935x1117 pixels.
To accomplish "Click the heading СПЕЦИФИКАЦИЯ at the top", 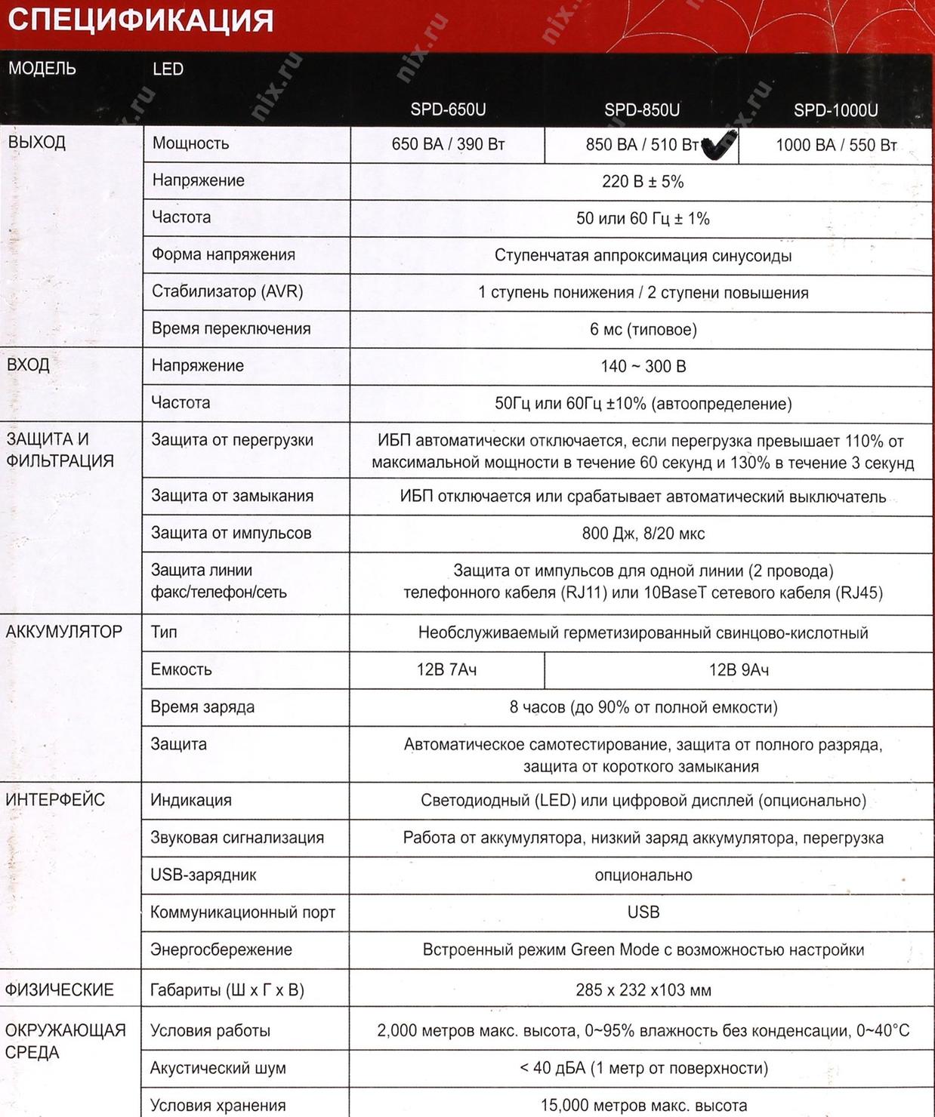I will [140, 20].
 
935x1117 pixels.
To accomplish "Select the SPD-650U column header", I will [448, 110].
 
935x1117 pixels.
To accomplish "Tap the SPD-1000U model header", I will [835, 110].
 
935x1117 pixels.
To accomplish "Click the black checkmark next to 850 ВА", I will [718, 145].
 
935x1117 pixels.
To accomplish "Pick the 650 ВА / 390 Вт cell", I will [448, 144].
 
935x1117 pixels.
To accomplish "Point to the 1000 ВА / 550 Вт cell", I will [836, 145].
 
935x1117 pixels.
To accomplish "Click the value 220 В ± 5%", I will [643, 181].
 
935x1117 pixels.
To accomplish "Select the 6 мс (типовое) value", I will [643, 329].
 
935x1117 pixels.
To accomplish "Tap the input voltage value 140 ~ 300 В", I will [643, 366].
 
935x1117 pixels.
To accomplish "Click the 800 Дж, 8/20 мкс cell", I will [643, 534].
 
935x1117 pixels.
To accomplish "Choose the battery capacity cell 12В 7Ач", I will [446, 669].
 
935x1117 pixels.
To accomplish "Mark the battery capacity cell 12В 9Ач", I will [739, 669].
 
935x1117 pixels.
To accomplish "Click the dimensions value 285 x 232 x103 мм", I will [643, 989].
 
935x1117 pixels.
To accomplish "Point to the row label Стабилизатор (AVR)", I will [227, 291].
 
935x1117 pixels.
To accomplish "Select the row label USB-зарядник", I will [203, 875].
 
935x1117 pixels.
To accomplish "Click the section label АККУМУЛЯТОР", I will [64, 632].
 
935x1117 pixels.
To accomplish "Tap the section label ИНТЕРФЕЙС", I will [55, 800].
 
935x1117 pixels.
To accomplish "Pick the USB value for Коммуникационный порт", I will [643, 912].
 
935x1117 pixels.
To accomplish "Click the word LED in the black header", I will [168, 69].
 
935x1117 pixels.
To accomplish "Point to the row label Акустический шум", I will [218, 1068].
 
